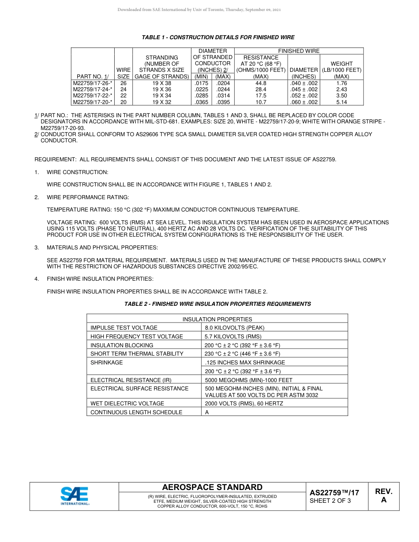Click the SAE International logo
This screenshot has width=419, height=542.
75,496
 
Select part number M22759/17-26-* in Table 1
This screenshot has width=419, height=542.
93,83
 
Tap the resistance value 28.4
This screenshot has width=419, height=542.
261,89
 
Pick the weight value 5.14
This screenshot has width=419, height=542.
341,102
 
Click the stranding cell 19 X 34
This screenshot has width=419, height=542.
162,96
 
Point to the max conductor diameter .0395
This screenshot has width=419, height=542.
223,102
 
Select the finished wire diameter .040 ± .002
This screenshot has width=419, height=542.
304,83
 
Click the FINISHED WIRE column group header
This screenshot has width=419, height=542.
299,51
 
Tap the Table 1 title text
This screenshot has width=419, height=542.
218,37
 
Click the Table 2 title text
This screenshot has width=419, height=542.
217,304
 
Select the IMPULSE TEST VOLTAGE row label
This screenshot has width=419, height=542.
124,328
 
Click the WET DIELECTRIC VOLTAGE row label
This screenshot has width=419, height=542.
127,404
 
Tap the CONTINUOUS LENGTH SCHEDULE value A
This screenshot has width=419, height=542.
207,412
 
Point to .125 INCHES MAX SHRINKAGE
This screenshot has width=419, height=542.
245,363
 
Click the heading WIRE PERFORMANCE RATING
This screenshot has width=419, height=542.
88,197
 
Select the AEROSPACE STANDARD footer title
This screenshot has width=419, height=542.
212,487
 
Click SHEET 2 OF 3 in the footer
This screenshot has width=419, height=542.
330,501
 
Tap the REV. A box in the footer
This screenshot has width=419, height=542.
383,496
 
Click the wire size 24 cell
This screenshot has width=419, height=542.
123,89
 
